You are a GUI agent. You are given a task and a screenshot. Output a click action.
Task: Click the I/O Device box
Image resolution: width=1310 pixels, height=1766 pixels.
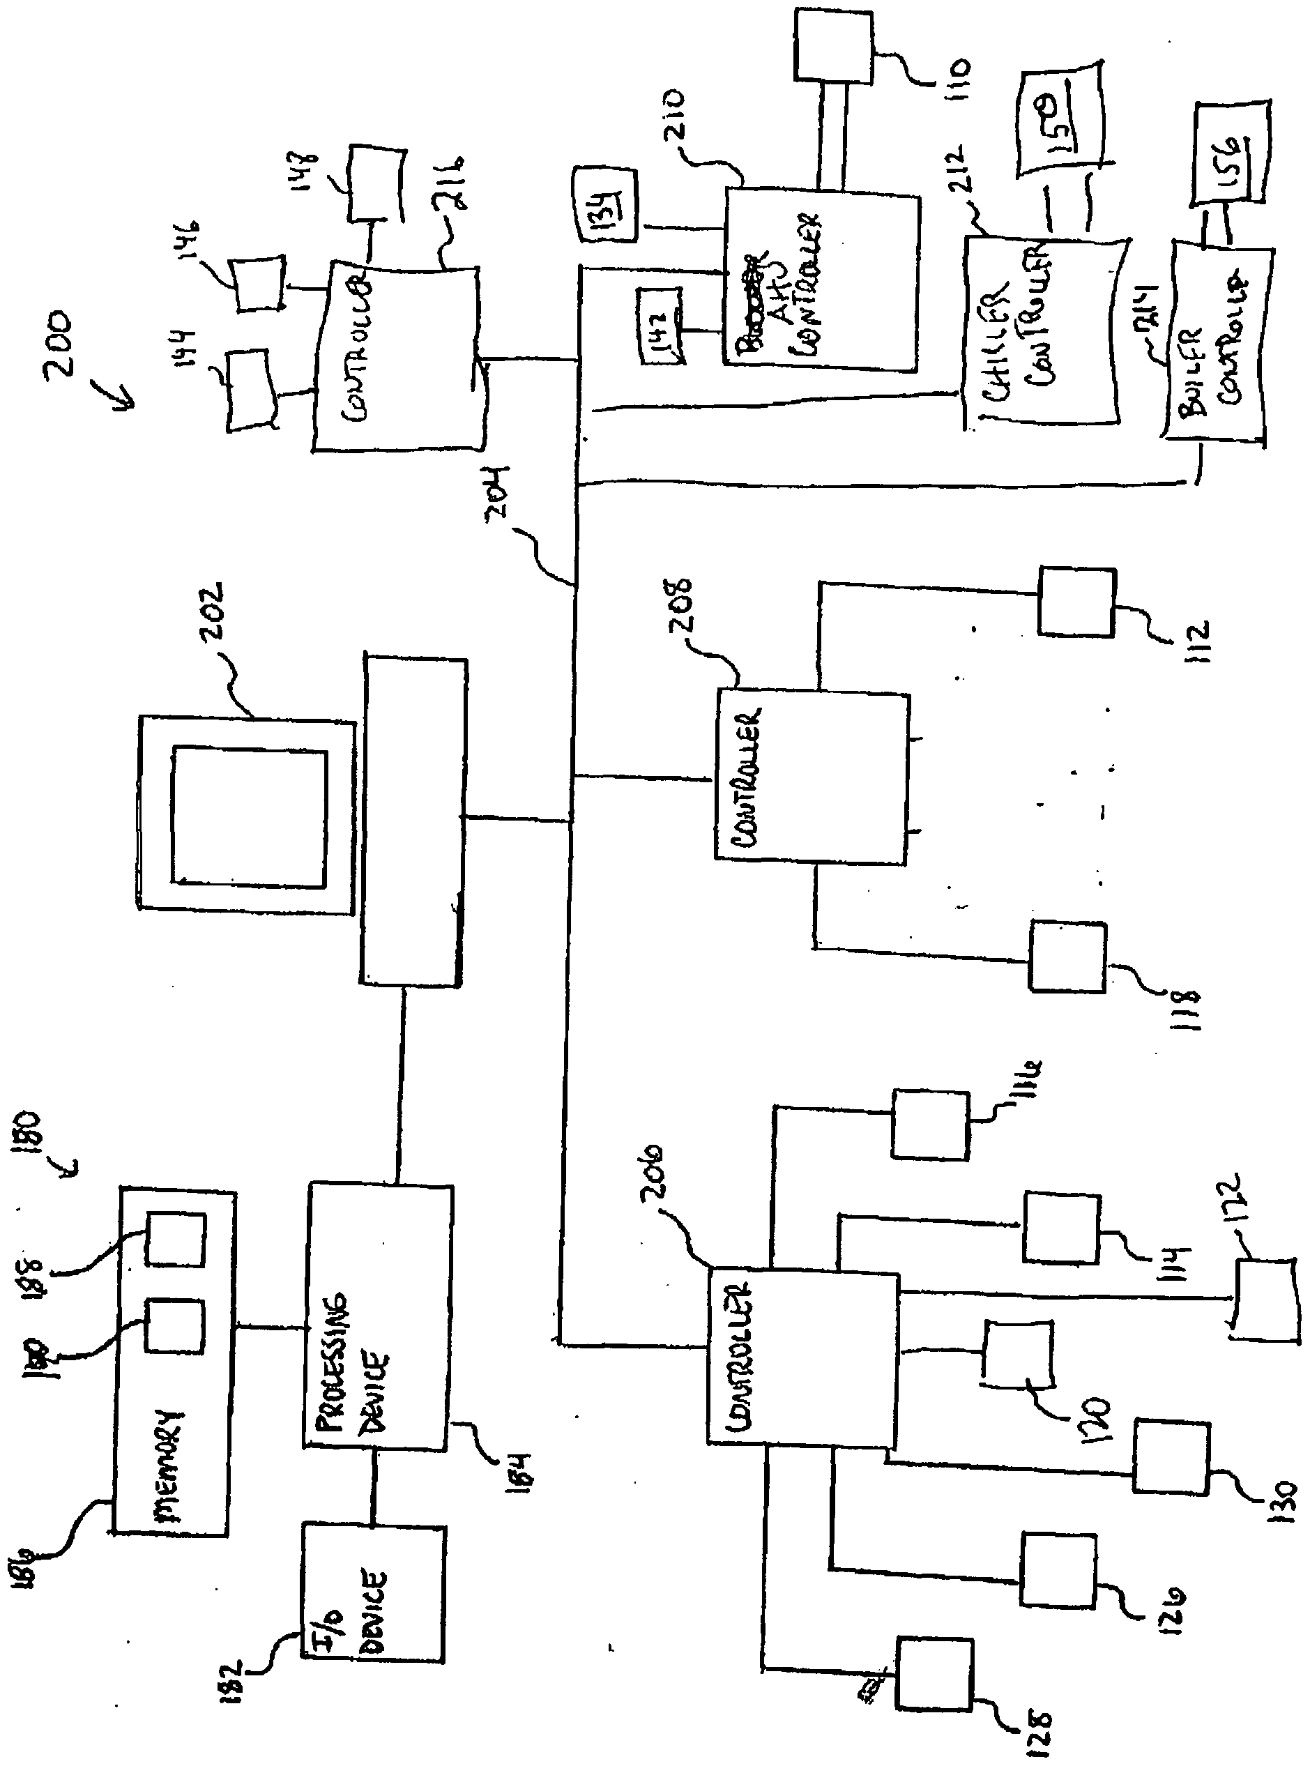pyautogui.click(x=373, y=1594)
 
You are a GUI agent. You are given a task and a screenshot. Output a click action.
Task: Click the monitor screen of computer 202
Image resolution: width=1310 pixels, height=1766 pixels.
pyautogui.click(x=249, y=818)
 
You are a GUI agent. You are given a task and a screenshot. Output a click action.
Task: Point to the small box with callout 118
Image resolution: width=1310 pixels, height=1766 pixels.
pyautogui.click(x=1067, y=957)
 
